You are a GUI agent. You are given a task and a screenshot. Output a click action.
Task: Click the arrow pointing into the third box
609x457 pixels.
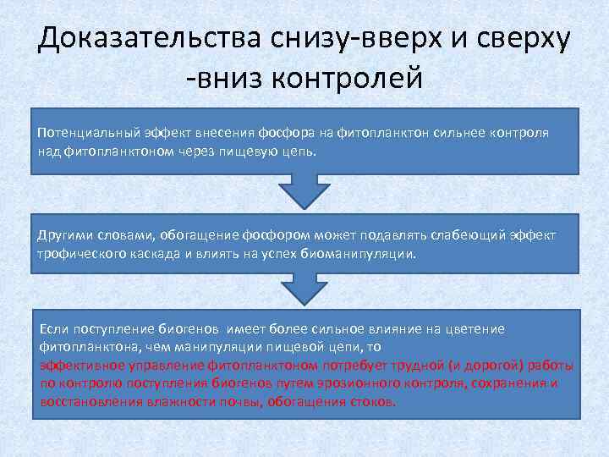pyautogui.click(x=304, y=291)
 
